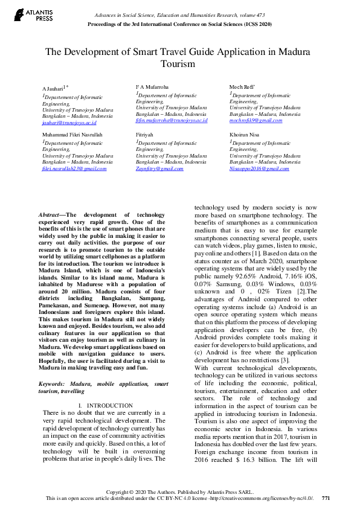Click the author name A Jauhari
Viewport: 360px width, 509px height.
[x=53, y=88]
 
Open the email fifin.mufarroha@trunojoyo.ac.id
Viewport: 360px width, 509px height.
[x=172, y=121]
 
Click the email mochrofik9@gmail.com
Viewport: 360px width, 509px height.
[x=256, y=120]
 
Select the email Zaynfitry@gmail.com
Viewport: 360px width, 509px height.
[x=159, y=168]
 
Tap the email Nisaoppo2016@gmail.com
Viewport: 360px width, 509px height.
[x=259, y=168]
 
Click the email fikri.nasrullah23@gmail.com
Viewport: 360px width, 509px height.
[x=74, y=168]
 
